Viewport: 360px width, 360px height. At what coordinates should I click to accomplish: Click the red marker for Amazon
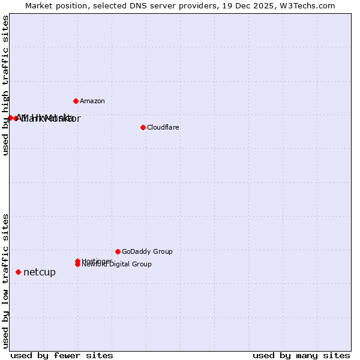[76, 101]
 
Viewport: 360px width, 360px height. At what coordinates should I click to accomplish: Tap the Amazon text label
[92, 101]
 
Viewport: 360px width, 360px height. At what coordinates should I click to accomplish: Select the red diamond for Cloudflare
[143, 127]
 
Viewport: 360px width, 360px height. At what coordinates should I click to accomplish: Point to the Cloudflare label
[163, 128]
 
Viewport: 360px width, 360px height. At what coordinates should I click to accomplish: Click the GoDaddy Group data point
[118, 251]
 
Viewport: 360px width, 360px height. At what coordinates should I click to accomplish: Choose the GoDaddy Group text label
[147, 252]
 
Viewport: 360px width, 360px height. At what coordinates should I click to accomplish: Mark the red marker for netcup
[18, 272]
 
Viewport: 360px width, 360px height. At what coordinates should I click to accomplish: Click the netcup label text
[40, 272]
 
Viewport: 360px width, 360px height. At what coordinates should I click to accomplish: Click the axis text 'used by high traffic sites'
[6, 85]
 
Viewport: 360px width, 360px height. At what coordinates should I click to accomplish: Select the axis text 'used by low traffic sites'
[6, 280]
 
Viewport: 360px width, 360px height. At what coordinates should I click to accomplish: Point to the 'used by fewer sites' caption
[62, 355]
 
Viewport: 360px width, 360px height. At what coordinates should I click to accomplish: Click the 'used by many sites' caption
[301, 355]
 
